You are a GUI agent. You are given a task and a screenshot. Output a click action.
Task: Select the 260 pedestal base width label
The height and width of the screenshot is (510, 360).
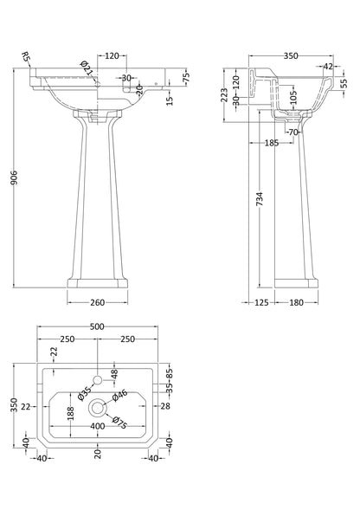(x=97, y=302)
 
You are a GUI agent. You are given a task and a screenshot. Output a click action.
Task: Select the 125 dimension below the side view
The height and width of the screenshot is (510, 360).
(x=260, y=302)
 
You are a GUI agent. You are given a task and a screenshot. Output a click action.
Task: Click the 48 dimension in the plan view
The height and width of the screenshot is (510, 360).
(x=115, y=372)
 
